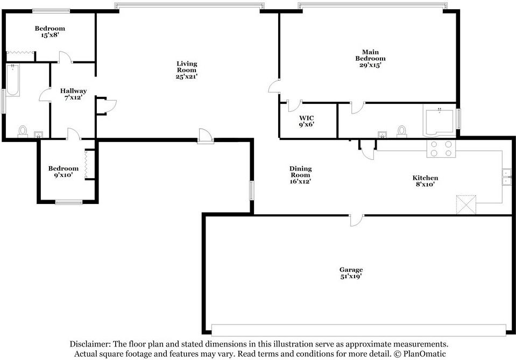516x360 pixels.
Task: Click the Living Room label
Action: tap(187, 67)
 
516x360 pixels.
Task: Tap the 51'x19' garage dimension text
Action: tap(351, 277)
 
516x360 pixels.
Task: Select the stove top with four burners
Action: tap(441, 149)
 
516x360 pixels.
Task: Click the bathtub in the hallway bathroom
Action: tap(13, 80)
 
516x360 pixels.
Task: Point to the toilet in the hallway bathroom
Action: tap(23, 131)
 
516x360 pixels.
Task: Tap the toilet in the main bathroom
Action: tap(401, 131)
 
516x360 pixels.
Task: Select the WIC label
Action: tap(306, 118)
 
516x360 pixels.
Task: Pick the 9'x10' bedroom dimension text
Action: tap(63, 175)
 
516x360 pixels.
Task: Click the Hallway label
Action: tap(73, 91)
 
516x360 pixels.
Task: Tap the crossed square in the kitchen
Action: tap(466, 204)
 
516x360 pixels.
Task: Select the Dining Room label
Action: tap(300, 172)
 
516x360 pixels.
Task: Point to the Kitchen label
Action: tap(425, 178)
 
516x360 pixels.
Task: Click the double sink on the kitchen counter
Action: tap(506, 177)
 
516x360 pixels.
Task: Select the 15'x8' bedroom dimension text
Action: tap(50, 35)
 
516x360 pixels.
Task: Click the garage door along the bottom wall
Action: tap(359, 330)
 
